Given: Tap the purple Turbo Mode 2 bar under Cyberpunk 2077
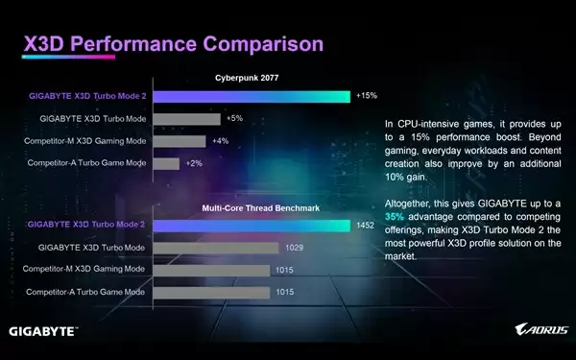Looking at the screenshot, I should pos(251,96).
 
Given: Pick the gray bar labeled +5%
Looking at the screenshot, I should pos(186,119).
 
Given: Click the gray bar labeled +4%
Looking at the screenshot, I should pos(180,141).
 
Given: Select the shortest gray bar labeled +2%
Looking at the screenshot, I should pos(166,163).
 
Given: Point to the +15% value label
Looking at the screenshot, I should pos(367,96).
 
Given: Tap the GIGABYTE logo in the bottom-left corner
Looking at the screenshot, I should pos(44,331).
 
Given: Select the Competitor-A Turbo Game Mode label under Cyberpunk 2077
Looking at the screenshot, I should pos(85,163).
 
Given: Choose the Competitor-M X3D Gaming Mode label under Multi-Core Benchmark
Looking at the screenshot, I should pos(85,269).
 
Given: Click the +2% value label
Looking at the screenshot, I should pos(194,163).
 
